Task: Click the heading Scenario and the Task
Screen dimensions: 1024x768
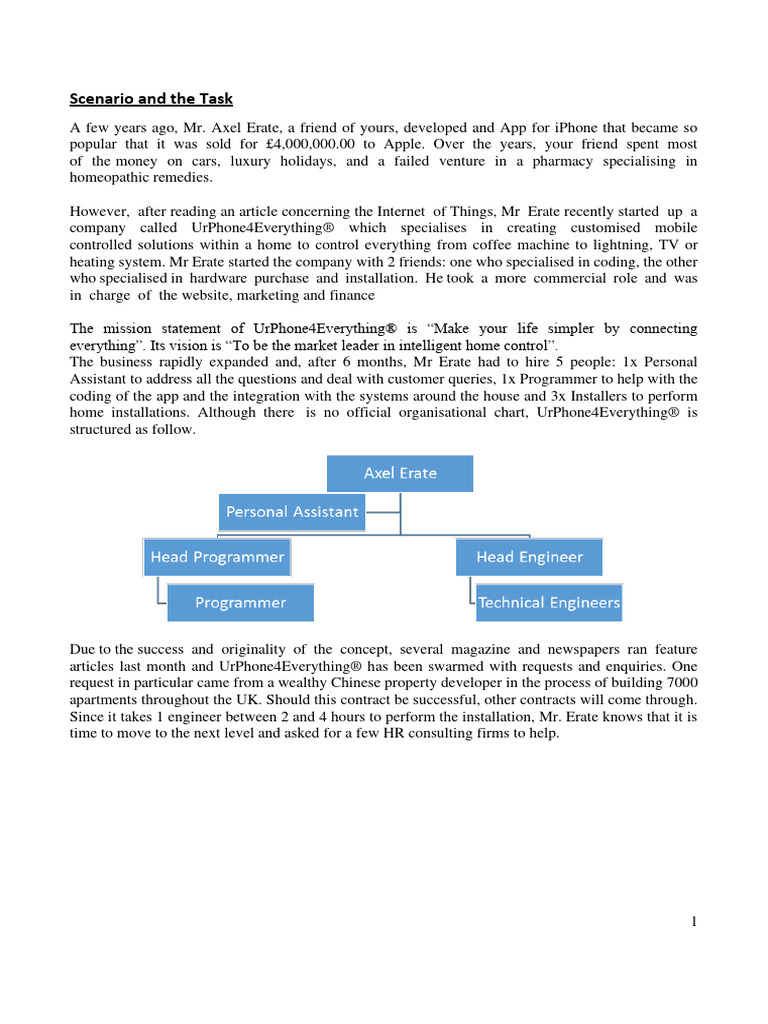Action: click(x=150, y=98)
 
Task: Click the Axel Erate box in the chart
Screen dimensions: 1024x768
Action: click(x=400, y=473)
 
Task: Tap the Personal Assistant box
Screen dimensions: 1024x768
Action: click(x=292, y=512)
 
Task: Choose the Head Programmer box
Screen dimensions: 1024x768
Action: click(x=217, y=557)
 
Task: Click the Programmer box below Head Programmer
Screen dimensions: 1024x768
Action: click(x=240, y=603)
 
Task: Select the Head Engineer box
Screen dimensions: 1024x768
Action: click(x=529, y=557)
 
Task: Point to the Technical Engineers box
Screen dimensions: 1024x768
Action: click(x=548, y=603)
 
